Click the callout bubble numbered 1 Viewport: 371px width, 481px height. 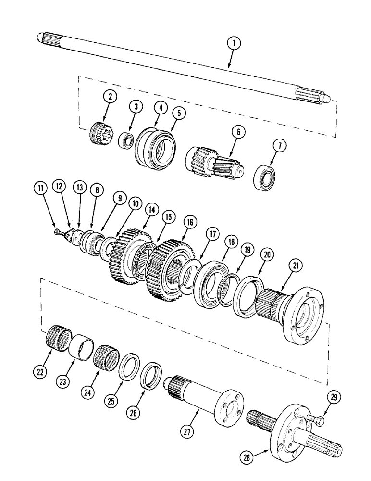pos(233,44)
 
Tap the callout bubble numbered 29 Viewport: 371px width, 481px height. pos(335,397)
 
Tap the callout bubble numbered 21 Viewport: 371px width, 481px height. pos(295,266)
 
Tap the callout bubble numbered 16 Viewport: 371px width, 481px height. pos(189,223)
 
